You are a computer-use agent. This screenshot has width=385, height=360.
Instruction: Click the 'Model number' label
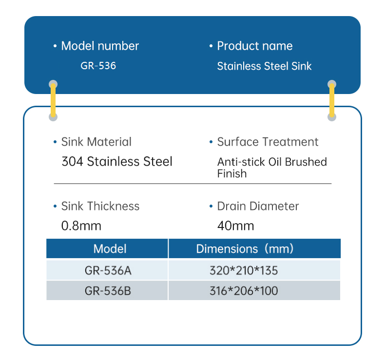(99, 46)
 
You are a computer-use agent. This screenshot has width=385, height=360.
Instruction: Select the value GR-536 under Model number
(98, 66)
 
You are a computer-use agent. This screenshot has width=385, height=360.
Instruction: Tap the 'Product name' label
(254, 46)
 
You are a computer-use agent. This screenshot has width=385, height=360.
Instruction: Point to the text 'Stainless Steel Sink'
(264, 66)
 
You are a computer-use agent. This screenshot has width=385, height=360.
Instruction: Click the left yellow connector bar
(53, 101)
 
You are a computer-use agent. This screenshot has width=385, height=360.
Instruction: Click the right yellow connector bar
(332, 101)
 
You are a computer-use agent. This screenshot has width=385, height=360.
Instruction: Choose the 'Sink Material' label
(96, 142)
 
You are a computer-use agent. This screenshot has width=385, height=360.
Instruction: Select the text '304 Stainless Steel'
(117, 162)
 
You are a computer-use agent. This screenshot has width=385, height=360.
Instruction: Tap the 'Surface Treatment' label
(268, 142)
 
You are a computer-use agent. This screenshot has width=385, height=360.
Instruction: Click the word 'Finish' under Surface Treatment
(232, 173)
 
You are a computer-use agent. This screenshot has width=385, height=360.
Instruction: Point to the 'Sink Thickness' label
(100, 207)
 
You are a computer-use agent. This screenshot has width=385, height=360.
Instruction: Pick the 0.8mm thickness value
(81, 226)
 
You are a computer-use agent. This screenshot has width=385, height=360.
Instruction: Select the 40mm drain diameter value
(235, 226)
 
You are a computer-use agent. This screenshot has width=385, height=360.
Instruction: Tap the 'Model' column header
(110, 249)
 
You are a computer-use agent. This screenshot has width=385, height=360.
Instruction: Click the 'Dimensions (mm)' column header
(245, 249)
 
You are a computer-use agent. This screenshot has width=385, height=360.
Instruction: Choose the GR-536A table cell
(108, 270)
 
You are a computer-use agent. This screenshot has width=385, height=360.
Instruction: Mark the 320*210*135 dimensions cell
(244, 270)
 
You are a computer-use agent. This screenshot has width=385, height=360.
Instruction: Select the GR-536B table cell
(108, 291)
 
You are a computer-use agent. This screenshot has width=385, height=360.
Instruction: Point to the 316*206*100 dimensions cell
(244, 291)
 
